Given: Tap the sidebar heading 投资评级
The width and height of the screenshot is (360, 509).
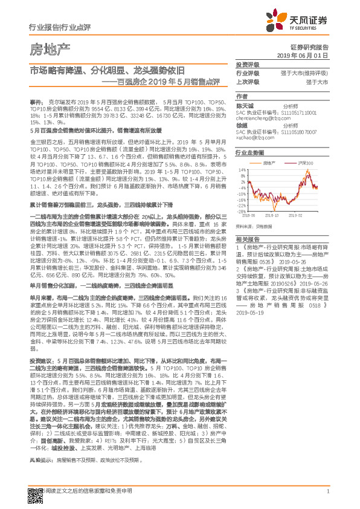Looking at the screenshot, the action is point(247,65).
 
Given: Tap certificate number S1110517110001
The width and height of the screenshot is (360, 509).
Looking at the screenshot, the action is point(298,112).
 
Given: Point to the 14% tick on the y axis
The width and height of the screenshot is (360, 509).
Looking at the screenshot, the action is point(242,170).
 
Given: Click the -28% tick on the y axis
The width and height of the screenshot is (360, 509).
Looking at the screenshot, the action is point(241,212).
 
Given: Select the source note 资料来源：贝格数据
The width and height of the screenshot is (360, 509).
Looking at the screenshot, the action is point(254,224).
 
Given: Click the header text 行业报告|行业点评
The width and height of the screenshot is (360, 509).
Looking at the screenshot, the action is point(55,25).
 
